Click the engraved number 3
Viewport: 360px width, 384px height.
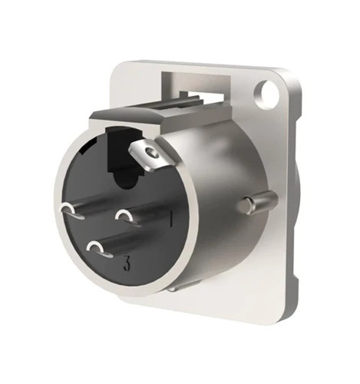click(x=126, y=263)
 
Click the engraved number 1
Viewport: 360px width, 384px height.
click(x=171, y=220)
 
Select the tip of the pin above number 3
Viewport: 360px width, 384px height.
click(x=98, y=249)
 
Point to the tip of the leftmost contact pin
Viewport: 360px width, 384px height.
click(x=71, y=211)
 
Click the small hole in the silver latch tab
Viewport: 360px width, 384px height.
click(x=151, y=154)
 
